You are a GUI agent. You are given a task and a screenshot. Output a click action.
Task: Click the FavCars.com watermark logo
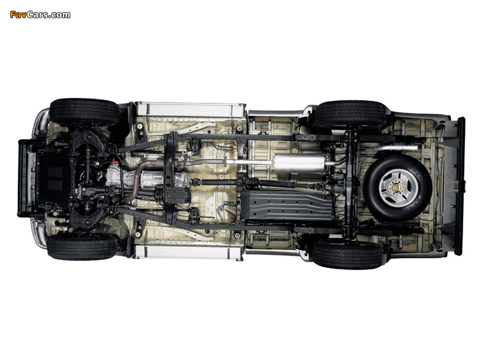[40, 14]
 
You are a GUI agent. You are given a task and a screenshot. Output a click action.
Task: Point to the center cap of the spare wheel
[397, 188]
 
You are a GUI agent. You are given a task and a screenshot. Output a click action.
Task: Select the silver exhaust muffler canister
[299, 163]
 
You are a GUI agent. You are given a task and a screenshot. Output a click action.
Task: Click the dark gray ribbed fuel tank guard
[287, 205]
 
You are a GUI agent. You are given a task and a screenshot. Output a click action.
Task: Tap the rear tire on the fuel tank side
[347, 254]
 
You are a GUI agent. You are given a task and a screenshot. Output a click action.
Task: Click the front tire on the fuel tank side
[83, 247]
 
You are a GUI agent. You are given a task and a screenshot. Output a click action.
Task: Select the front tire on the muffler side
[85, 112]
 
